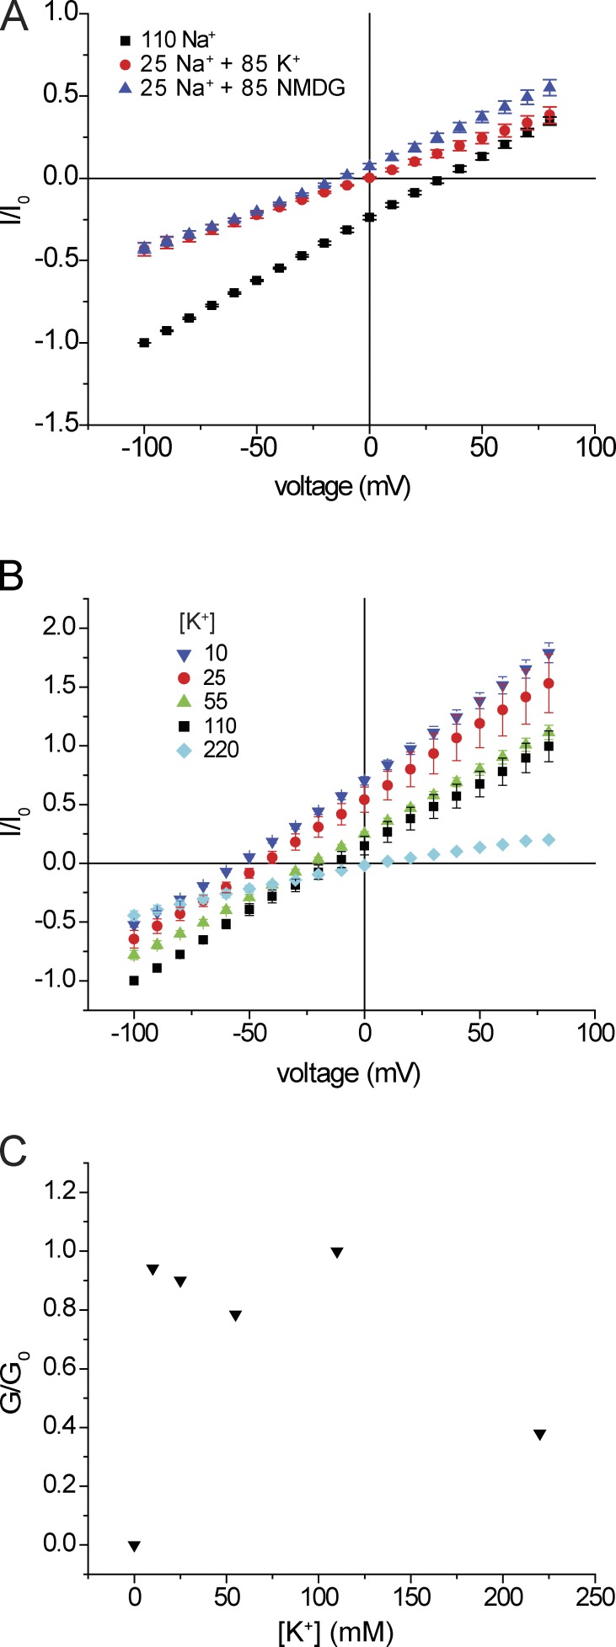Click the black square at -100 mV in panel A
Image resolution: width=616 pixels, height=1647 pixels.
tap(144, 342)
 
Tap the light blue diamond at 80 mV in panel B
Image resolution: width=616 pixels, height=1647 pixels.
tap(549, 839)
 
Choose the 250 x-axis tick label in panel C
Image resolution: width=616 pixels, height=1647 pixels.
tap(594, 1601)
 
